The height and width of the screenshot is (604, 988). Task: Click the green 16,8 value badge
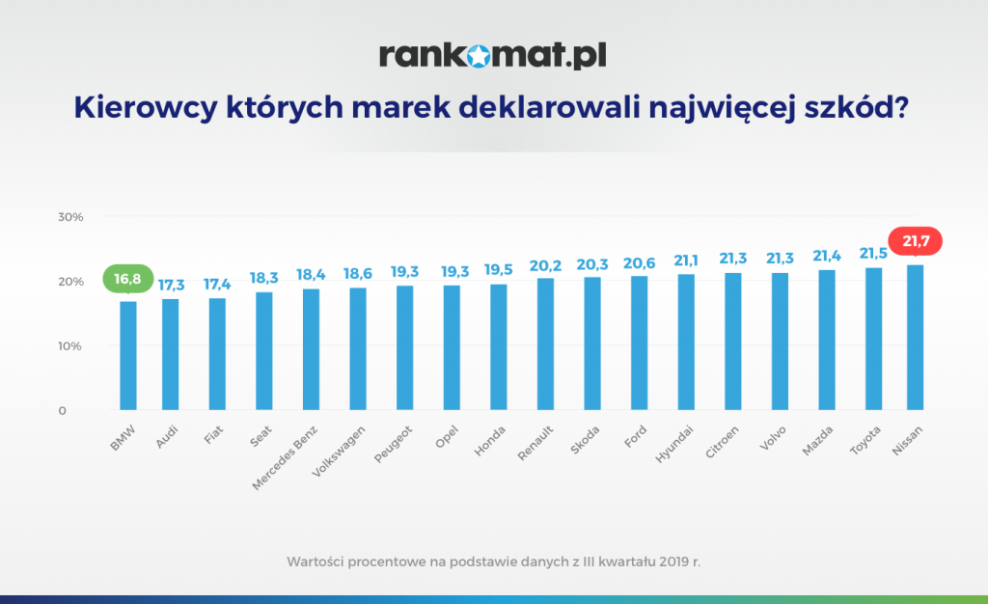[127, 280]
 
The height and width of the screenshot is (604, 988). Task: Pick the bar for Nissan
[916, 337]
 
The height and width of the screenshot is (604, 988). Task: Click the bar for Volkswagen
[357, 348]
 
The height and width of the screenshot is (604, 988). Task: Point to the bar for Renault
[545, 343]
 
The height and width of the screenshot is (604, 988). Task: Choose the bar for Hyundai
[686, 342]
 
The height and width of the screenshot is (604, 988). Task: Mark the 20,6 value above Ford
[639, 261]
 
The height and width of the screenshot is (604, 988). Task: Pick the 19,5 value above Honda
[499, 269]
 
